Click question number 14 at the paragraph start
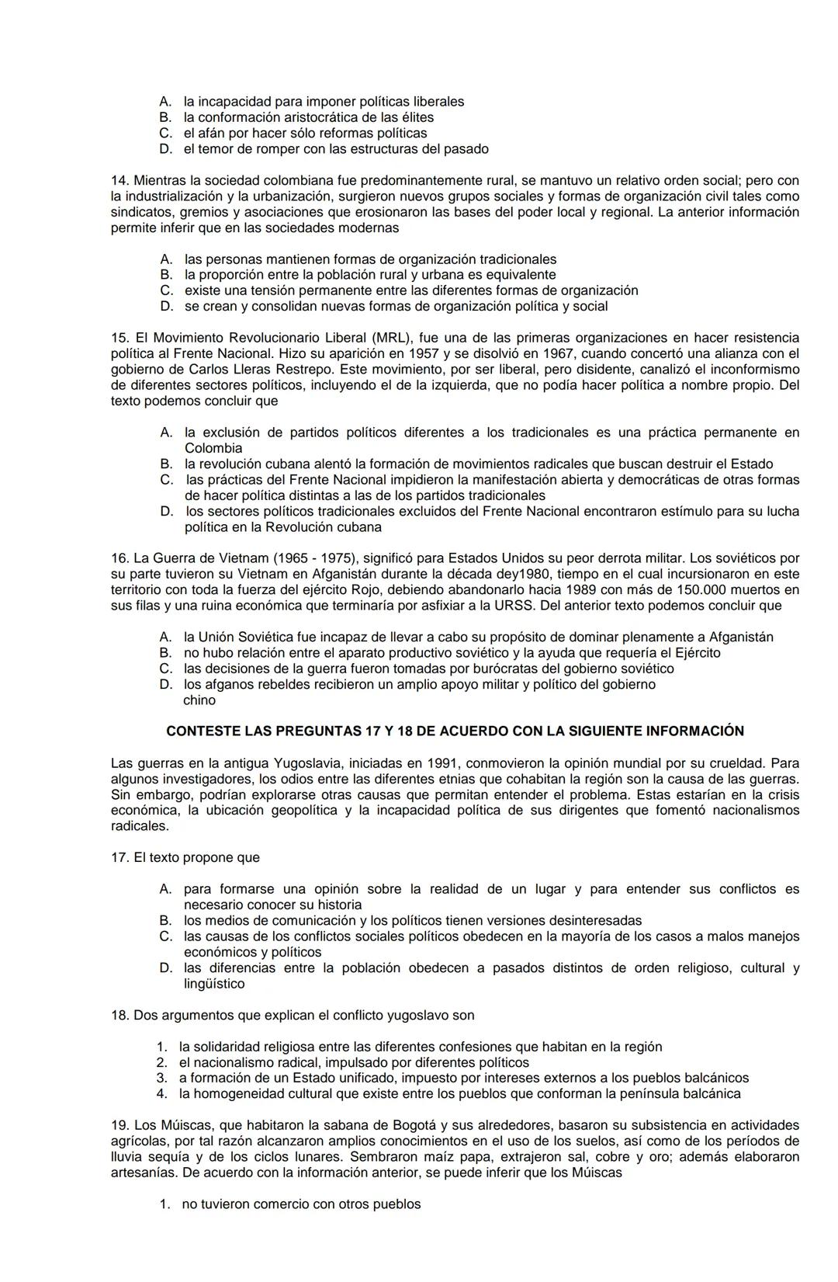pyautogui.click(x=120, y=180)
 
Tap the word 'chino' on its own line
pyautogui.click(x=199, y=700)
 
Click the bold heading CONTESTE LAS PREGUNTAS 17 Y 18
pyautogui.click(x=455, y=731)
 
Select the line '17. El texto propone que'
pyautogui.click(x=185, y=858)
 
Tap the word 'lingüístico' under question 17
pyautogui.click(x=214, y=984)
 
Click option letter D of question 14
pyautogui.click(x=166, y=306)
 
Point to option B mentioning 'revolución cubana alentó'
pyautogui.click(x=166, y=464)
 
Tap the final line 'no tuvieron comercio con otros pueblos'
pyautogui.click(x=301, y=1204)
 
